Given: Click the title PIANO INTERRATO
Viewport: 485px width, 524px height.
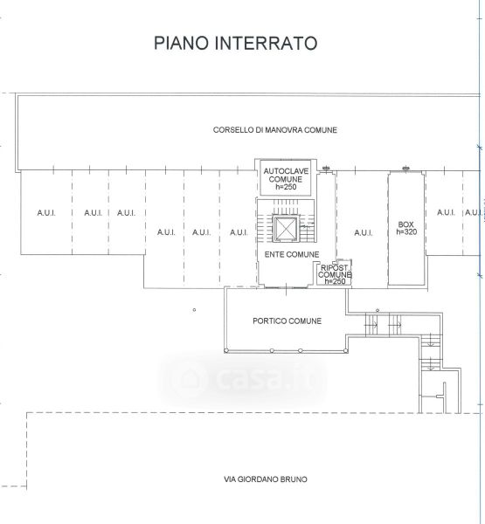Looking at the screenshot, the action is coord(235,43).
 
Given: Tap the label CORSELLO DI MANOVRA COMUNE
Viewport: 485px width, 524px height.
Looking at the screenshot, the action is coord(275,130).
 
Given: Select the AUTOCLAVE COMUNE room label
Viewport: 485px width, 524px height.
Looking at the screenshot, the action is coord(286,176).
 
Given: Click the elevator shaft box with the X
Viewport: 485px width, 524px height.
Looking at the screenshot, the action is coord(285,229).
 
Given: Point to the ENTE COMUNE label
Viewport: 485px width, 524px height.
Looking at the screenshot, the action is coord(292,255).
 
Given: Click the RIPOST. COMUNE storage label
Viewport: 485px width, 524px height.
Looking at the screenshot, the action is coord(335,271).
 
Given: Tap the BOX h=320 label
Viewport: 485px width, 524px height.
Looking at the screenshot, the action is coord(406,228).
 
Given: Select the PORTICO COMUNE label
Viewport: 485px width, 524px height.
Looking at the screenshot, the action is coord(287,321).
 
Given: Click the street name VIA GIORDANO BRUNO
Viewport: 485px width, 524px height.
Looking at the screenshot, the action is coord(266,479).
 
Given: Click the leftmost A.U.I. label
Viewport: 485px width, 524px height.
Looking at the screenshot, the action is coord(46,212).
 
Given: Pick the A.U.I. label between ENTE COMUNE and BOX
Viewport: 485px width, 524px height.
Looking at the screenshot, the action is coord(364,232).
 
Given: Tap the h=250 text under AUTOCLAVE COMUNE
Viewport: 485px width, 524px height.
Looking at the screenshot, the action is coord(286,187).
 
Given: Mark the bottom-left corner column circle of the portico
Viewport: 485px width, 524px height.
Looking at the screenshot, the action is coord(226,350).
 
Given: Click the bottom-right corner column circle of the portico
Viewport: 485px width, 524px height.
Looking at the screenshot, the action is coord(345,350).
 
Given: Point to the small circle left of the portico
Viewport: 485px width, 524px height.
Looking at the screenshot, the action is coord(194,310).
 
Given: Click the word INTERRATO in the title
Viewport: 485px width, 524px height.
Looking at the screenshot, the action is coord(266,43).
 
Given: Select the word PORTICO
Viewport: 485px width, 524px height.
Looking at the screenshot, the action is coord(266,321).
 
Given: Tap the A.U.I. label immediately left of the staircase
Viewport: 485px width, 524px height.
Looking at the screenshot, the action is coord(239,232).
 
